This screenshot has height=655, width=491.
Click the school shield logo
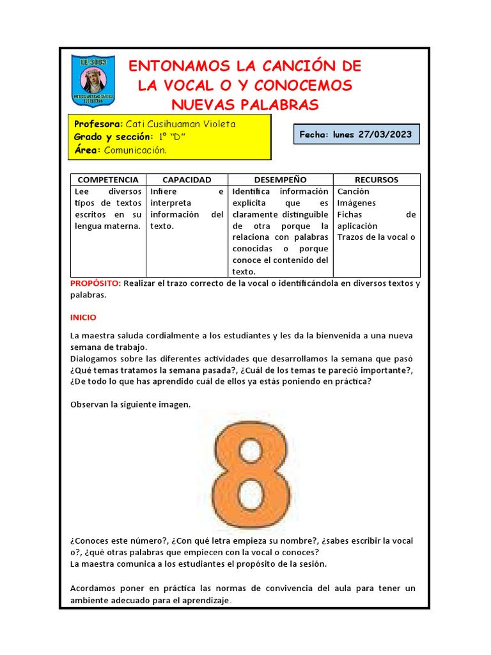tap(93, 82)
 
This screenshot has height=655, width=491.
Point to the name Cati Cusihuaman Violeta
tap(180, 124)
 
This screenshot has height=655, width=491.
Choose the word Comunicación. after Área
tap(135, 150)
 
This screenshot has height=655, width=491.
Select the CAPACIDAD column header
tap(187, 180)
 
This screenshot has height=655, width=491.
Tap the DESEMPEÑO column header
tap(280, 180)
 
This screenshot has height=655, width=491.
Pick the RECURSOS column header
tap(377, 180)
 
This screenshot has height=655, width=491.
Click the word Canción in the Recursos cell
tap(353, 192)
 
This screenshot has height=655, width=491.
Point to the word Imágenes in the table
tap(356, 203)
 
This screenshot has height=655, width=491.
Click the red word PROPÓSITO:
tap(95, 283)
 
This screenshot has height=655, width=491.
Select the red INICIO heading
tap(83, 317)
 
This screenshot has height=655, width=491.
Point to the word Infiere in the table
tap(164, 192)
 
